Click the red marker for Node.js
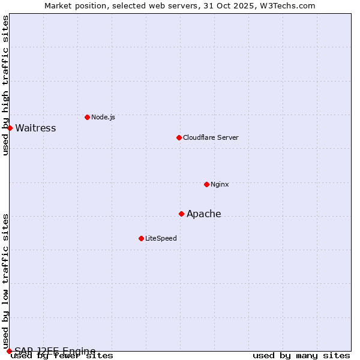pyautogui.click(x=87, y=117)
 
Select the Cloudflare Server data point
pyautogui.click(x=179, y=137)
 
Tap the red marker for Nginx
pyautogui.click(x=206, y=184)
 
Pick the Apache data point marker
pyautogui.click(x=181, y=214)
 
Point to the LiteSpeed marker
pyautogui.click(x=141, y=238)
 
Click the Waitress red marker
pyautogui.click(x=10, y=128)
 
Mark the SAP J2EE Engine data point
pyautogui.click(x=9, y=351)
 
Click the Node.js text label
pyautogui.click(x=103, y=117)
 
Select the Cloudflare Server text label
pyautogui.click(x=211, y=137)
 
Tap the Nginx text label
pyautogui.click(x=220, y=184)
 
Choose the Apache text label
pyautogui.click(x=204, y=214)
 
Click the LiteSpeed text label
pyautogui.click(x=161, y=238)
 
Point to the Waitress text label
pyautogui.click(x=35, y=128)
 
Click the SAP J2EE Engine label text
pyautogui.click(x=55, y=351)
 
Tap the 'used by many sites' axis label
pyautogui.click(x=301, y=356)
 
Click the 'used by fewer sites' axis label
pyautogui.click(x=62, y=356)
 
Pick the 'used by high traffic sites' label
pyautogui.click(x=5, y=85)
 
